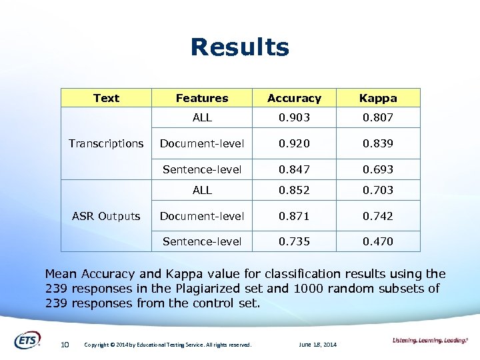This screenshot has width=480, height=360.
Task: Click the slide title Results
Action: (x=239, y=47)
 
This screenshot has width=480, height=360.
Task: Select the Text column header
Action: (x=106, y=98)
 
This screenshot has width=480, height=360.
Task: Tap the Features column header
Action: (x=202, y=98)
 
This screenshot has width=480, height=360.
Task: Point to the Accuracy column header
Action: (x=294, y=98)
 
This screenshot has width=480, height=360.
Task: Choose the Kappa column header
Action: (x=378, y=98)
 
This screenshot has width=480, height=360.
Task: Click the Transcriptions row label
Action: (x=106, y=143)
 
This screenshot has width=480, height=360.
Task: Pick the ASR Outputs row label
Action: (x=106, y=216)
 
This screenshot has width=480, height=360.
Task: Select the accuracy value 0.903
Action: (x=294, y=117)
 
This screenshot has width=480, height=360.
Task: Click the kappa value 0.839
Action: (x=378, y=143)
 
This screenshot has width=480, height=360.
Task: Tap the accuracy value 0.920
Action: (x=294, y=143)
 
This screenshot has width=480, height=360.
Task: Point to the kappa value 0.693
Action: (x=378, y=169)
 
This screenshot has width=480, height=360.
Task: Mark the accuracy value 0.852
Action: (x=294, y=190)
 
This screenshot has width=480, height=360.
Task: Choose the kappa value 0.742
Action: (x=378, y=216)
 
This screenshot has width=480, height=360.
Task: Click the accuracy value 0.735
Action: (x=294, y=241)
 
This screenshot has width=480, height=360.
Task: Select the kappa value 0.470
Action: (x=378, y=241)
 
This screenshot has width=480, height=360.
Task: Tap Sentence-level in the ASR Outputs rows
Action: (x=202, y=241)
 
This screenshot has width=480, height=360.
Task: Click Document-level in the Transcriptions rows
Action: (x=202, y=143)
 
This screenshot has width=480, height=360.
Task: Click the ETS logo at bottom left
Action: (x=27, y=340)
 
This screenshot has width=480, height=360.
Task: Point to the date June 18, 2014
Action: (x=318, y=345)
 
